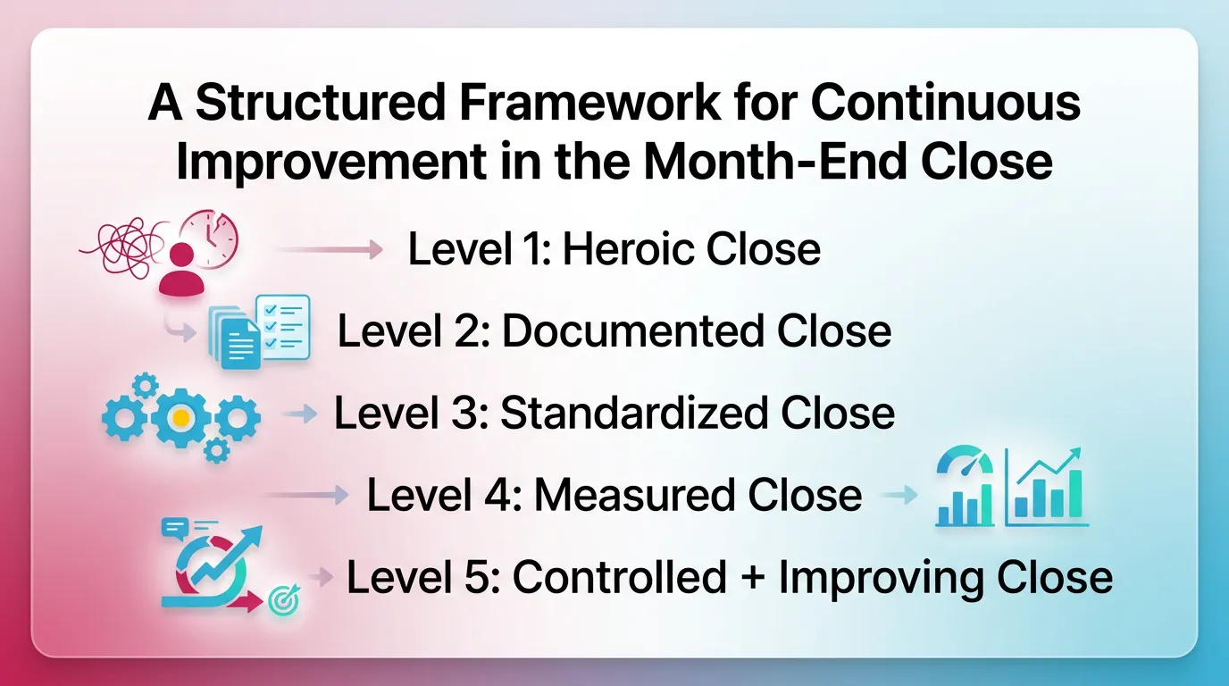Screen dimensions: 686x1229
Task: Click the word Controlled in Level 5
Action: click(620, 578)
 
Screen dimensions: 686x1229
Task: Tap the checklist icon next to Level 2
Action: click(282, 327)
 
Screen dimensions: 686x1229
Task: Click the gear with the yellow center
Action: click(181, 417)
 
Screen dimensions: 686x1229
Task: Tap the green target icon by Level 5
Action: click(284, 603)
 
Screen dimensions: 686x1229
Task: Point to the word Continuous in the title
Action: click(945, 104)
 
